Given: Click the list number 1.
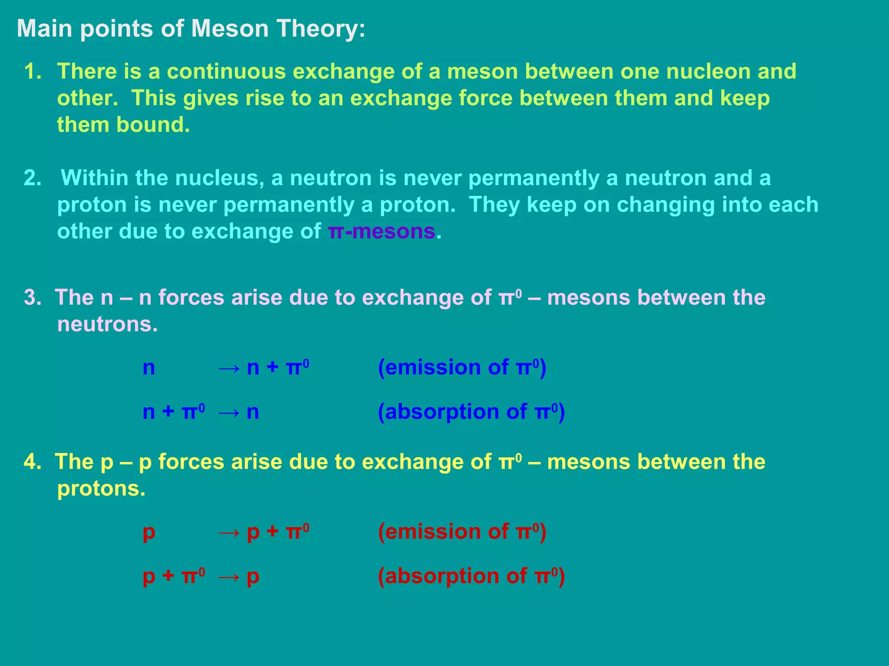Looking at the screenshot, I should pos(32,72).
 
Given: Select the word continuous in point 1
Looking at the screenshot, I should pos(226,72).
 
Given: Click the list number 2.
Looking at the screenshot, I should pos(32,178).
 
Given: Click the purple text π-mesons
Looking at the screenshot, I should pos(382,232).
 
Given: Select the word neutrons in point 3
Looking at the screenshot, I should pos(107,324).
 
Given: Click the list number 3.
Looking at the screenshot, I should pos(32,298).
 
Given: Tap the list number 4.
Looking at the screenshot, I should pos(32,462).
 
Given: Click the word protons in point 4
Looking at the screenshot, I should pos(101,489).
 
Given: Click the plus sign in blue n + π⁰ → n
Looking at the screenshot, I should pos(168,412).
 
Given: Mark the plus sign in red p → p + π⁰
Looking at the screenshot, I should pos(273,532).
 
